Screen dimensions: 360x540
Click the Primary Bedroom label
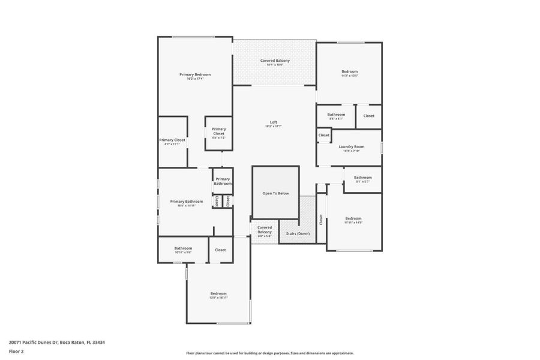(195, 74)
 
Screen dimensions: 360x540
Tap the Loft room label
(273, 122)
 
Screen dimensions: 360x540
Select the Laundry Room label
(351, 146)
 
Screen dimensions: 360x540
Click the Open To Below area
(275, 193)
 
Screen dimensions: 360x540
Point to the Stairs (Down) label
(298, 233)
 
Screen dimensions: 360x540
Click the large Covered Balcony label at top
(275, 61)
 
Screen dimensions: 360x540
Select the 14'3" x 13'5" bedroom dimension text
(350, 76)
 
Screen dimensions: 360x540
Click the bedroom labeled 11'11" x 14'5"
(353, 220)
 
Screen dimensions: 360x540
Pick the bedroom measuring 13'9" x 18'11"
(218, 295)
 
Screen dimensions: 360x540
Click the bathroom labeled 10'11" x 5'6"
(183, 250)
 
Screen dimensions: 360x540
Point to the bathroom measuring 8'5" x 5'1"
(336, 116)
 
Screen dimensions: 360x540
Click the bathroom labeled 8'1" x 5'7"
(362, 179)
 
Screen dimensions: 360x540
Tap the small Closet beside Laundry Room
(324, 136)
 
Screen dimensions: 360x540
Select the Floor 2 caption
(16, 352)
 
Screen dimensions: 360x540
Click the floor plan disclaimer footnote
(269, 353)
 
